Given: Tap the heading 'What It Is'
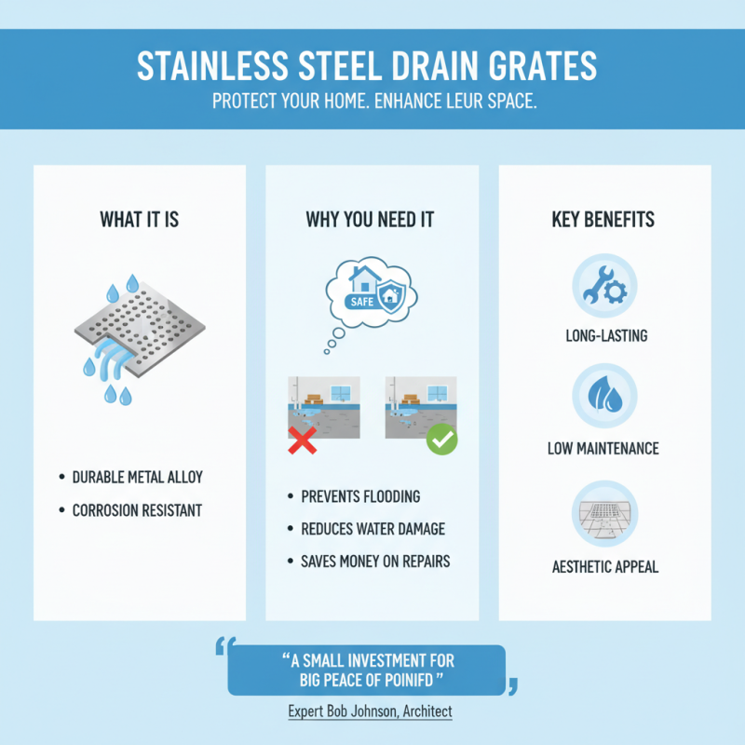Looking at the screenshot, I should click(140, 221).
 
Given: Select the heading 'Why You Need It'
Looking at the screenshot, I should click(370, 221).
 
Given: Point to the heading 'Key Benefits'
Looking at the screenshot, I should click(603, 221).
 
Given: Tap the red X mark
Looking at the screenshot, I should click(300, 441).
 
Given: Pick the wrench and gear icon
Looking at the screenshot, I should click(604, 284).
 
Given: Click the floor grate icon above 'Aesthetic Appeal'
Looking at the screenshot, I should click(604, 512).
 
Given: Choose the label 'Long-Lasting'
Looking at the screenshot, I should click(604, 335).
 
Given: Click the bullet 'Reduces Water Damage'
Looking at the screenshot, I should click(372, 529).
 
